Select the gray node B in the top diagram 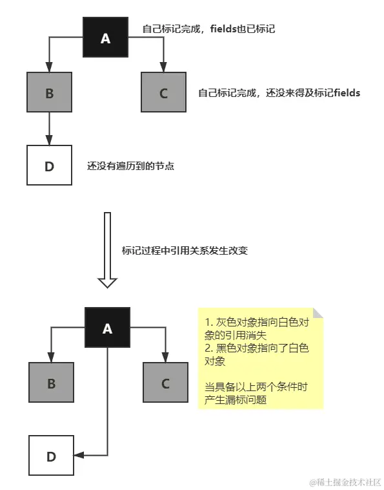50,93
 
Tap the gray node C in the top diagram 163,93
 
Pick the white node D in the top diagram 50,166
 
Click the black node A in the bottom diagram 107,328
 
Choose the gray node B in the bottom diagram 51,383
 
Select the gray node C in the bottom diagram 165,383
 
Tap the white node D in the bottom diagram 51,456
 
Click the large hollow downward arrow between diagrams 106,249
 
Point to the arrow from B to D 50,129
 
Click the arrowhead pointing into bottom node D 78,455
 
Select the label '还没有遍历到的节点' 131,166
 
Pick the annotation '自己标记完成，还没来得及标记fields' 279,93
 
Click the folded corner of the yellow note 318,313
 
